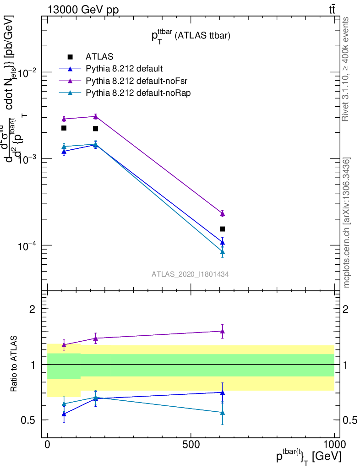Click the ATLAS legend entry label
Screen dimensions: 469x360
(99, 57)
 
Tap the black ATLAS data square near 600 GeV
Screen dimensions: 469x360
(223, 229)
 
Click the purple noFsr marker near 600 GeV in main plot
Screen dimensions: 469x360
(223, 214)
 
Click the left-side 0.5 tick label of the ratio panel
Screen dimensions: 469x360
(28, 420)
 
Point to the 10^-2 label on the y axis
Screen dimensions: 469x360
(26, 72)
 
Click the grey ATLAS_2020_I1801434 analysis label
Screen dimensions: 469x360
(190, 274)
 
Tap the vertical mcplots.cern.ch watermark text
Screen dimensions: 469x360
(347, 223)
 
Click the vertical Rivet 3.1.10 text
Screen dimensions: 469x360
(346, 69)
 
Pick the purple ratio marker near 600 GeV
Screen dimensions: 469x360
(223, 331)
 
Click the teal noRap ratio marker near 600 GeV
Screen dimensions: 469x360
(223, 413)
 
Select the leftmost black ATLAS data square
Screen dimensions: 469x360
(64, 128)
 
